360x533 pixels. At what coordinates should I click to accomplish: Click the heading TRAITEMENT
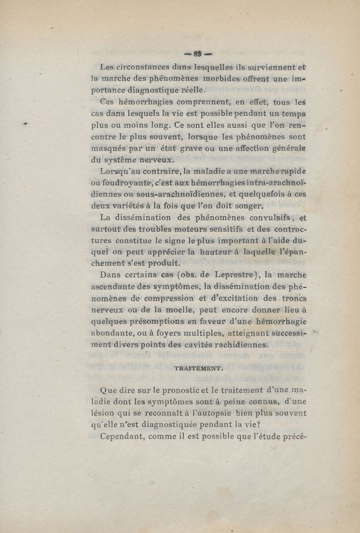[198, 368]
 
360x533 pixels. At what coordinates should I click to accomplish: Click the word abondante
[116, 333]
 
